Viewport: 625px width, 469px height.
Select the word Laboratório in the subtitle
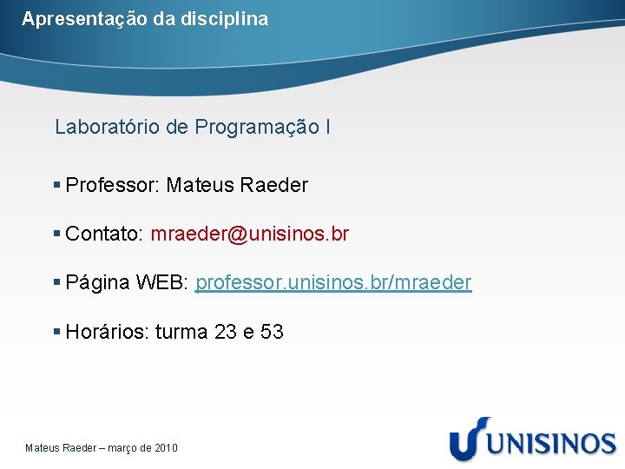pos(108,127)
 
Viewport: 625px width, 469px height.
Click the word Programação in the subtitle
pos(257,128)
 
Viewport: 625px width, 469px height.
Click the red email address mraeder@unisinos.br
pos(250,234)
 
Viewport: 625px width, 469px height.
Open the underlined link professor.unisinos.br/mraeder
pos(333,282)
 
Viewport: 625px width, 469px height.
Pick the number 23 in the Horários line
pos(226,332)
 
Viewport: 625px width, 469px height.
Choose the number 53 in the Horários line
pos(272,332)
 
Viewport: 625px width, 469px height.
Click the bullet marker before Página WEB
pos(57,282)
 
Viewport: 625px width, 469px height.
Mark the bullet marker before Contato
pos(57,234)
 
